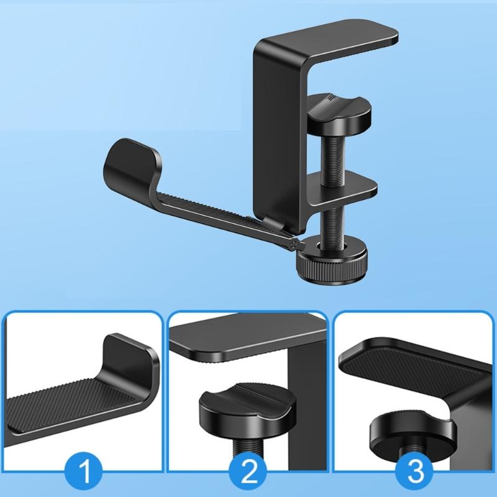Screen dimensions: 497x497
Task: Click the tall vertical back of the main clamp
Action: (x=280, y=124)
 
